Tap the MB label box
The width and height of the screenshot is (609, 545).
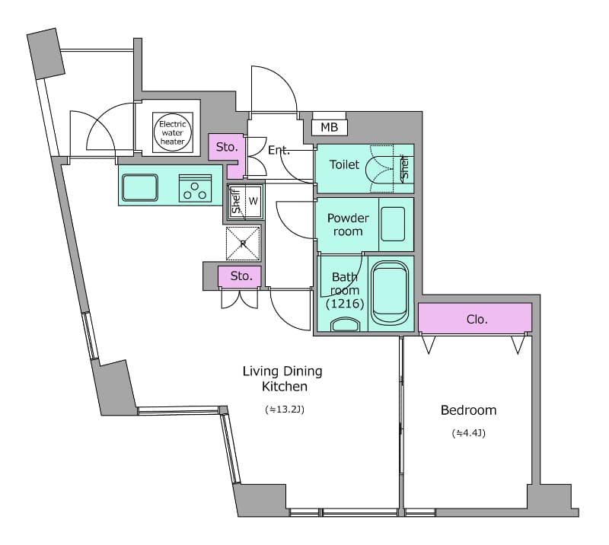[x=329, y=127]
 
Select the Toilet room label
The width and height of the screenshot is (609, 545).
[x=344, y=164]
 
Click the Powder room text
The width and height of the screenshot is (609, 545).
[x=348, y=225]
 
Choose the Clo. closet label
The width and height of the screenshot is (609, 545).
[x=476, y=319]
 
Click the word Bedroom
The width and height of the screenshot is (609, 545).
[x=468, y=410]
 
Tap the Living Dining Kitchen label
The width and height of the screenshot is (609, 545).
[x=282, y=379]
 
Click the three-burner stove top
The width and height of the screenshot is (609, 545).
[x=195, y=188]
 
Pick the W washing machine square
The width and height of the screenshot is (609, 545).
[x=253, y=202]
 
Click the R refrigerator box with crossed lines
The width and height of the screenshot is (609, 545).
[x=243, y=244]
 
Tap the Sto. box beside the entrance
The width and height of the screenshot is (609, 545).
[x=226, y=148]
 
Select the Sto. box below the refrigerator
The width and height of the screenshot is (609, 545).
[x=241, y=276]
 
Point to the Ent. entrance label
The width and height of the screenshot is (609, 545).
[x=279, y=151]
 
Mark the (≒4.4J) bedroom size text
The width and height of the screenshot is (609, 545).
[x=468, y=434]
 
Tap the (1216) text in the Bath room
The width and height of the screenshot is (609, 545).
[x=345, y=304]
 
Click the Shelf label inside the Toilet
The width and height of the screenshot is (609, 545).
[x=404, y=168]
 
